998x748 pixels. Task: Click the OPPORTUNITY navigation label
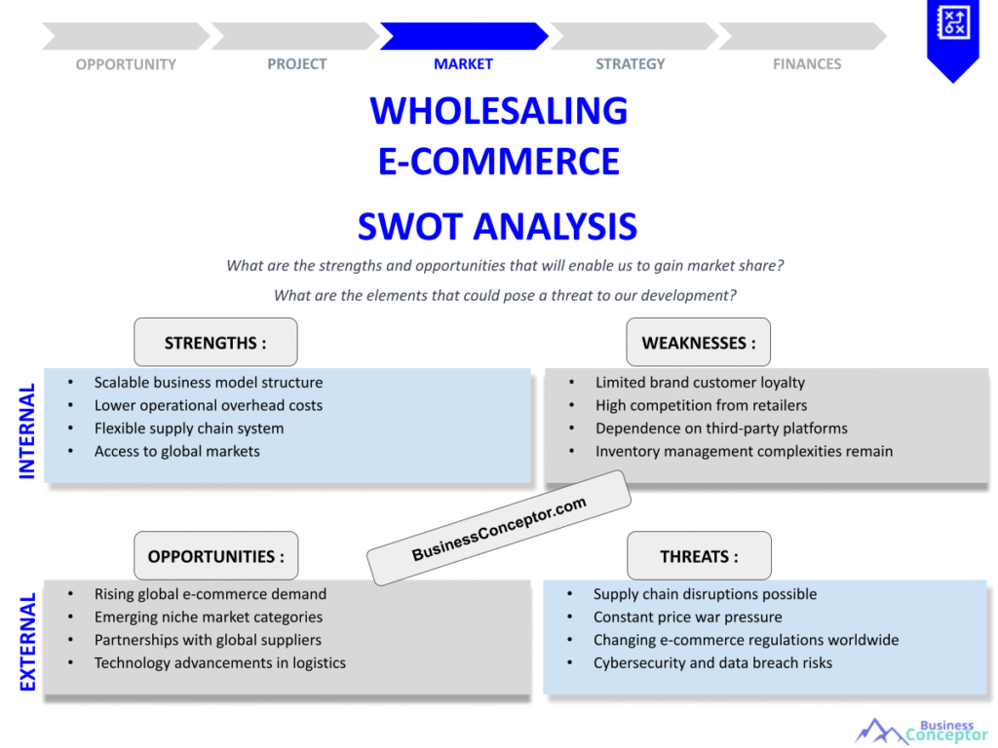pos(126,64)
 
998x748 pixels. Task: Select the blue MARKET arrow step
pos(463,37)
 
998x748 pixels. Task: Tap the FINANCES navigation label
pos(806,64)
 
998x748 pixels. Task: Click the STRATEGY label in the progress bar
pos(630,64)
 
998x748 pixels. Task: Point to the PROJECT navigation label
pos(296,64)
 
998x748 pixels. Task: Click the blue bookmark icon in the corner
pos(952,37)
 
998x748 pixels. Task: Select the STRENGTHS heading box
pos(215,343)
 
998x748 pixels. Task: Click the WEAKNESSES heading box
pos(698,343)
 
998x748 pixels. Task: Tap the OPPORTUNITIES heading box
pos(215,556)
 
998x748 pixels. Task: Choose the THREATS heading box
pos(699,556)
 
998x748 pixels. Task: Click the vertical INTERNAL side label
pos(27,430)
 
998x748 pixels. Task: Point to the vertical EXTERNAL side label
pos(27,642)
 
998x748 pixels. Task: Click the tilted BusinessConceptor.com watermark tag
pos(498,528)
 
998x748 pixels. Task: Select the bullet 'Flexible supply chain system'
pos(189,429)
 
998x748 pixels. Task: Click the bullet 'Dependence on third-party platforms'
pos(721,429)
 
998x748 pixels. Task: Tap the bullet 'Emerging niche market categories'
pos(208,617)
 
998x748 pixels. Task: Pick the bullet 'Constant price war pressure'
pos(687,617)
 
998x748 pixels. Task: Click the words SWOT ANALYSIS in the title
pos(497,226)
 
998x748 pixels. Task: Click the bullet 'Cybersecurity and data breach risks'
pos(712,663)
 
